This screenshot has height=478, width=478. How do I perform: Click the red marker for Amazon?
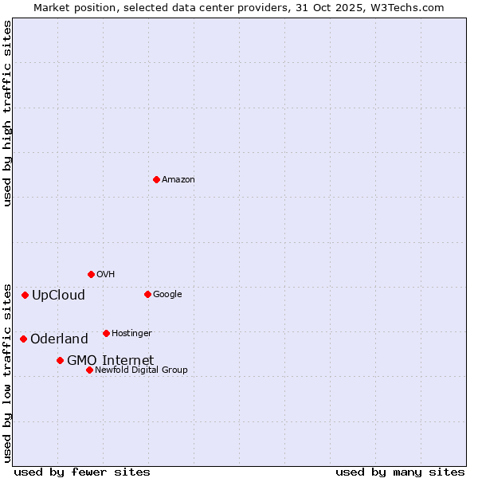click(x=156, y=179)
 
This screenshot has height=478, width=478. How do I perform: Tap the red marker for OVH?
click(x=91, y=274)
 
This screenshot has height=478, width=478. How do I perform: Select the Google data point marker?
click(x=147, y=294)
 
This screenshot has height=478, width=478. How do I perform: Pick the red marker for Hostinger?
click(x=106, y=333)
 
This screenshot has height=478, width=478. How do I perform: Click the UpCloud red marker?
click(x=25, y=295)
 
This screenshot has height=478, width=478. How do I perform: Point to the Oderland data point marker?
click(x=23, y=339)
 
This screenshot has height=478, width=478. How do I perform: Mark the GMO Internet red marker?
click(x=60, y=360)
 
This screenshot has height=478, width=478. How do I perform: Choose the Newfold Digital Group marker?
click(x=89, y=370)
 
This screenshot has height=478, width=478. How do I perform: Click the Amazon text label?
click(x=178, y=179)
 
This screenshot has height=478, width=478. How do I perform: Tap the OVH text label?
click(x=105, y=274)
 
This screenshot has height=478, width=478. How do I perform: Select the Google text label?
click(x=167, y=294)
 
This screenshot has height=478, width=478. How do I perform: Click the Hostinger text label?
click(x=131, y=333)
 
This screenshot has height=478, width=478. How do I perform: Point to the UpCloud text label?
click(x=58, y=295)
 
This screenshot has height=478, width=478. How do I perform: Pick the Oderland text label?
click(x=59, y=339)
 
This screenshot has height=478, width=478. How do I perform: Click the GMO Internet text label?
click(x=110, y=360)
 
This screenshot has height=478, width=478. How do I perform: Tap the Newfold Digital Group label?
click(x=141, y=370)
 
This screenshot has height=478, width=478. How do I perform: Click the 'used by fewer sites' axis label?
click(x=82, y=472)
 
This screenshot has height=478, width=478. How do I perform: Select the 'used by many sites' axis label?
click(x=400, y=472)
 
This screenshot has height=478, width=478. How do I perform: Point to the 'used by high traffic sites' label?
click(x=7, y=113)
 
